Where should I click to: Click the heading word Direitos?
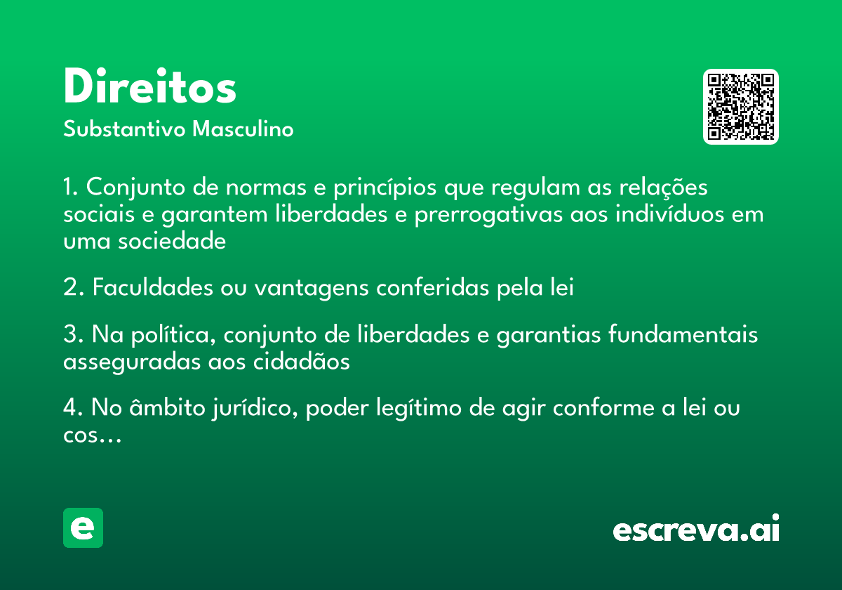(x=150, y=86)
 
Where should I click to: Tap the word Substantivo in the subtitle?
(x=124, y=129)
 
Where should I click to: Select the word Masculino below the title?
(x=243, y=129)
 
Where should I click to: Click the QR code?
(x=740, y=107)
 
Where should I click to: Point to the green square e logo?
(x=83, y=527)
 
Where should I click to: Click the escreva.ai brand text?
(x=696, y=528)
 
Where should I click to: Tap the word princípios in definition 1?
(x=385, y=188)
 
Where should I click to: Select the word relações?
(x=663, y=188)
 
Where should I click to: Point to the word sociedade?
(x=172, y=241)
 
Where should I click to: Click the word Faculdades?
(x=153, y=287)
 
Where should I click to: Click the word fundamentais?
(x=683, y=334)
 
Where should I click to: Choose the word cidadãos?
(x=301, y=361)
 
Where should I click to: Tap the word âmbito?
(x=167, y=407)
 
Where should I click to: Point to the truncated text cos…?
(x=92, y=436)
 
